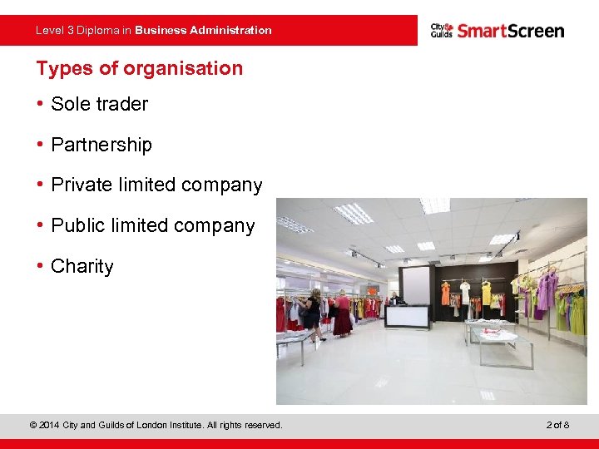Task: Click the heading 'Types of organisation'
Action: coord(139,68)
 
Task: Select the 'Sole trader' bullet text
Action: coord(99,104)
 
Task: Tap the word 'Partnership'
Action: coord(101,145)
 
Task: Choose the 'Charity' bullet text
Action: coord(82,266)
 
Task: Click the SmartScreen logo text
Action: coord(510,31)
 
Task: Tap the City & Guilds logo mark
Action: coord(441,31)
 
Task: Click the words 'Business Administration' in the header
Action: coord(203,30)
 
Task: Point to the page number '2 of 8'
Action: coord(557,426)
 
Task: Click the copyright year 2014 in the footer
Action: coord(51,426)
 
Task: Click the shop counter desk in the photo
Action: coord(407,315)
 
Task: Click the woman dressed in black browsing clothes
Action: coord(313,314)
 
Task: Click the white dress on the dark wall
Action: coord(465,293)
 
